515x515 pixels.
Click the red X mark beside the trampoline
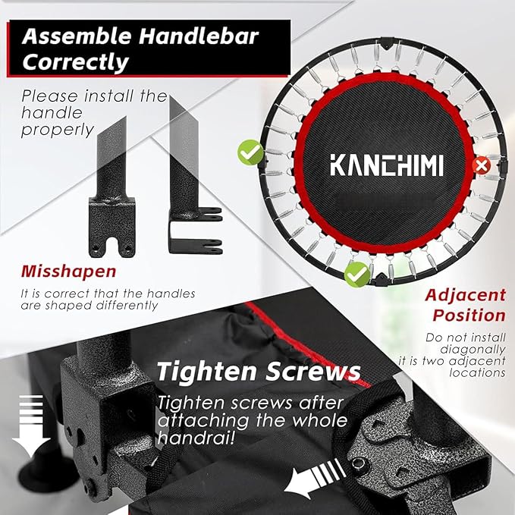[x=479, y=165]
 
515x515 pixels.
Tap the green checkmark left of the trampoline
[x=249, y=152]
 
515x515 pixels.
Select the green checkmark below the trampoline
[x=356, y=273]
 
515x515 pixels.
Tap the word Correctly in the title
[x=76, y=62]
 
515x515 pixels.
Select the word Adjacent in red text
[x=465, y=295]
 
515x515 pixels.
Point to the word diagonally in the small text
[x=476, y=350]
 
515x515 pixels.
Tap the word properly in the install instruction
[x=58, y=130]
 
